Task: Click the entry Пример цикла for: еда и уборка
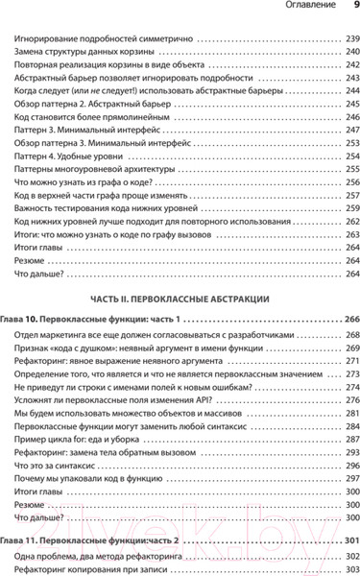85,433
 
